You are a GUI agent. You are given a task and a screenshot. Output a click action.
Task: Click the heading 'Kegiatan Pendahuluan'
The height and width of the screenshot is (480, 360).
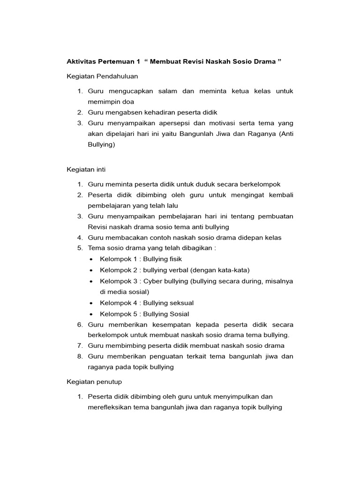[102, 76]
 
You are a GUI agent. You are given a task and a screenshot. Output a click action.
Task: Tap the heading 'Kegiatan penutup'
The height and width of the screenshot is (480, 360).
[94, 382]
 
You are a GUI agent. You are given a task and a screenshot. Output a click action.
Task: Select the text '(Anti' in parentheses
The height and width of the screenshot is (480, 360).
[285, 134]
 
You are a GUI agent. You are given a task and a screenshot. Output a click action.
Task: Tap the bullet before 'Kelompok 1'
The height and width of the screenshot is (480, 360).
[90, 259]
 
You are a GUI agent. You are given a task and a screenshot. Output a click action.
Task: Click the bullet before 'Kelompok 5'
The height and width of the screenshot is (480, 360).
[90, 315]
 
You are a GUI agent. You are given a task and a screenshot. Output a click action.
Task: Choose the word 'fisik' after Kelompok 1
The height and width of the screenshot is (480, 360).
[174, 259]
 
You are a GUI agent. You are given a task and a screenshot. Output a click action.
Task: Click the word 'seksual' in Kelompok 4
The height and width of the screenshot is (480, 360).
[180, 303]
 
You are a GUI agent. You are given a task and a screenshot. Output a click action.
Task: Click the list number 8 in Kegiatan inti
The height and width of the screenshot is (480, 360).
[80, 357]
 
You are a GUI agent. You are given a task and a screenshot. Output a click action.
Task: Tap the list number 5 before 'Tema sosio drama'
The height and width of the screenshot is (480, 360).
[80, 248]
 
